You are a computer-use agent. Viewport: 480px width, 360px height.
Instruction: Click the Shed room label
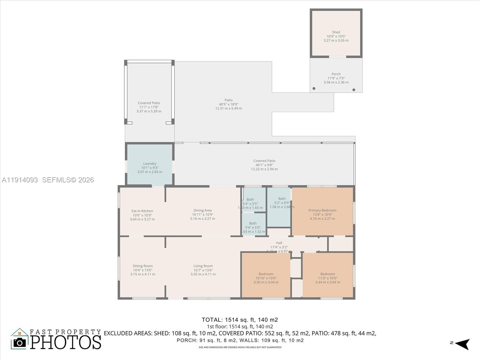pos(336,32)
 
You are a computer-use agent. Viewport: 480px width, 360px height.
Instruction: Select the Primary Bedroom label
pos(322,210)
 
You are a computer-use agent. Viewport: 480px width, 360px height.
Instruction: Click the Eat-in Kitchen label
pos(142,211)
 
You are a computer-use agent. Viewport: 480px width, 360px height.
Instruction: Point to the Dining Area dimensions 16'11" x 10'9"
pos(202,214)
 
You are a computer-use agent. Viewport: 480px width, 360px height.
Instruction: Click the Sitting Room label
pos(142,266)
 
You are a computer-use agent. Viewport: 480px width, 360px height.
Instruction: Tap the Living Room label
pos(203,266)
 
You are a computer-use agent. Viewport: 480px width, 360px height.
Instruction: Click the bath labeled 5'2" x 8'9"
pos(282,202)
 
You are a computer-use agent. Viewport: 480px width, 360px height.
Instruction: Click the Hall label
pos(279,243)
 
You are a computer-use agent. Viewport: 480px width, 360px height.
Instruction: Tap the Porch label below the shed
pos(336,74)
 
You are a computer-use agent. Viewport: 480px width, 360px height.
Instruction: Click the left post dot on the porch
pos(314,88)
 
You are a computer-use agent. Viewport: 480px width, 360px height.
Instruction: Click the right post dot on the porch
pos(354,90)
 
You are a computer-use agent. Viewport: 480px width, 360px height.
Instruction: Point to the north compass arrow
pos(463,344)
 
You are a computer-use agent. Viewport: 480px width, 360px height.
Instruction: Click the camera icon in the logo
pos(20,343)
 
